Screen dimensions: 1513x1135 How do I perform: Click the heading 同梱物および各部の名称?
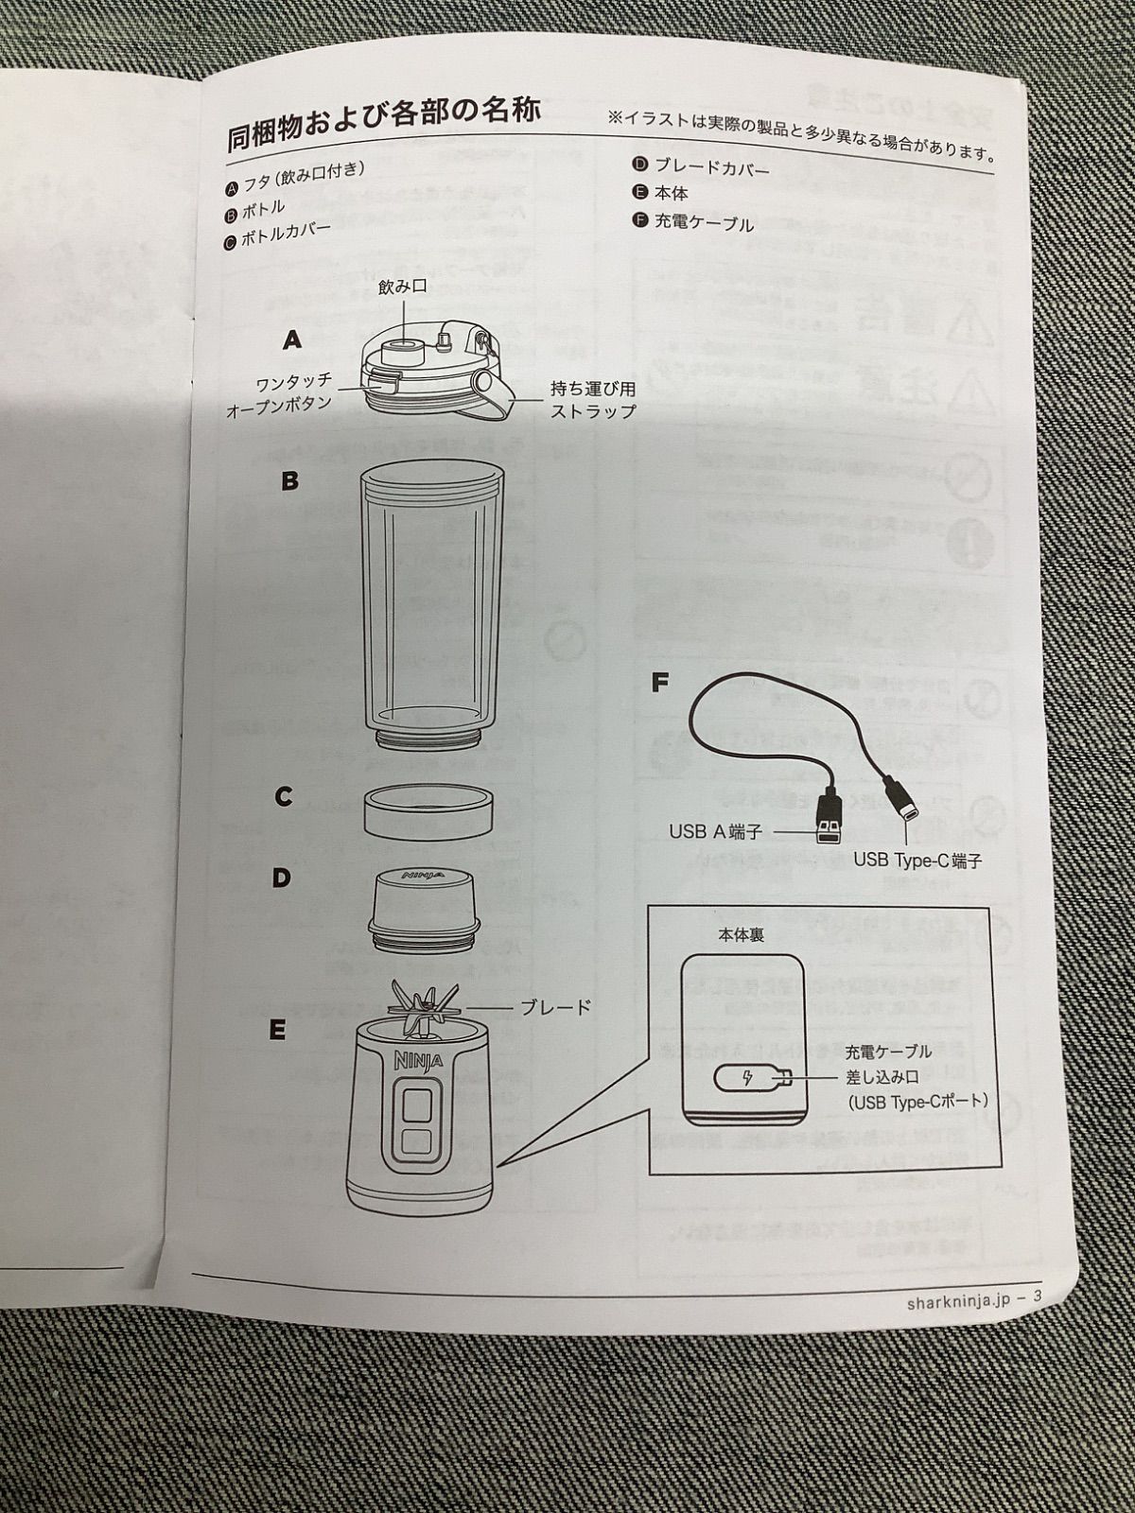coord(383,124)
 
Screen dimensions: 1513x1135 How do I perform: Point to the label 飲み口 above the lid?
coord(403,288)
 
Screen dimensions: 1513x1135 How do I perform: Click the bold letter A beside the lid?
coord(291,340)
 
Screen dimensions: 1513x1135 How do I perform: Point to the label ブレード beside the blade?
coord(556,1008)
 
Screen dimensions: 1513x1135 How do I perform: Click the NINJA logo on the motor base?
coord(412,1059)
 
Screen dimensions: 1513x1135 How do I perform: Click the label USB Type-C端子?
coord(917,861)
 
